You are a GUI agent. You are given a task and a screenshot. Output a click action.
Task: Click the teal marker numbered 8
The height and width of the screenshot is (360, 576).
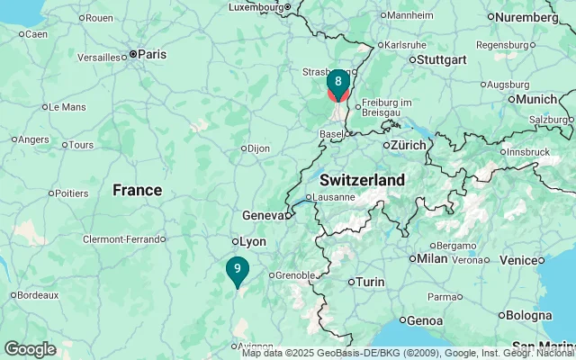(x=337, y=82)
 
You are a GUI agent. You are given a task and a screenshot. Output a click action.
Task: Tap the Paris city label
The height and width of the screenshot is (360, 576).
(x=151, y=54)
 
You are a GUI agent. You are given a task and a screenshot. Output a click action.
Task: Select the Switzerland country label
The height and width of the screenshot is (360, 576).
(x=362, y=180)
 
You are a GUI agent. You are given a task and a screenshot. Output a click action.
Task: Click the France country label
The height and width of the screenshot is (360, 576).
(x=138, y=190)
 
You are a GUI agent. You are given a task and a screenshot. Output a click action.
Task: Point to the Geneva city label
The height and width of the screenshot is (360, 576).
(x=263, y=215)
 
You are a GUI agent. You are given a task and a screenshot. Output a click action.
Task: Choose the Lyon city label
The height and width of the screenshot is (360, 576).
(x=252, y=241)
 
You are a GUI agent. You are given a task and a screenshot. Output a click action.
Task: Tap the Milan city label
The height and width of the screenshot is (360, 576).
(x=432, y=258)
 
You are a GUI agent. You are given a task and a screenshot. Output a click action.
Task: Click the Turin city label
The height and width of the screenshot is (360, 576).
(x=370, y=282)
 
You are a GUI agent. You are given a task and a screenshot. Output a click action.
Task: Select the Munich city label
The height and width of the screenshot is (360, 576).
(x=536, y=99)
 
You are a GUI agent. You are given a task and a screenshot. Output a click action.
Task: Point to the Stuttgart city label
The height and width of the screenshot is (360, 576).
(x=441, y=59)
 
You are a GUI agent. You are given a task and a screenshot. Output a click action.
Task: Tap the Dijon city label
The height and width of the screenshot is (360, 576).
(x=258, y=148)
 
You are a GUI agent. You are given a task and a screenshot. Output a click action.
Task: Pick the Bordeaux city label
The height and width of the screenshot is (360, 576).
(x=38, y=294)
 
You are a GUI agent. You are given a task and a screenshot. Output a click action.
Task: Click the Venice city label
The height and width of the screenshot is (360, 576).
(x=521, y=260)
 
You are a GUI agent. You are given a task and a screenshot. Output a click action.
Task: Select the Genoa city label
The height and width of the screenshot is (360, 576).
(x=424, y=320)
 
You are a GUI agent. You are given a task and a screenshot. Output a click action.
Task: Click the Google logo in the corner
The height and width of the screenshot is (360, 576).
(x=30, y=349)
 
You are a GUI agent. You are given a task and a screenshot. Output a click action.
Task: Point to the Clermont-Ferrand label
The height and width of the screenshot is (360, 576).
(x=123, y=239)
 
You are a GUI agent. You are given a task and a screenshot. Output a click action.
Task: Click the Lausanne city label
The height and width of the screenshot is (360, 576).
(x=336, y=197)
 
